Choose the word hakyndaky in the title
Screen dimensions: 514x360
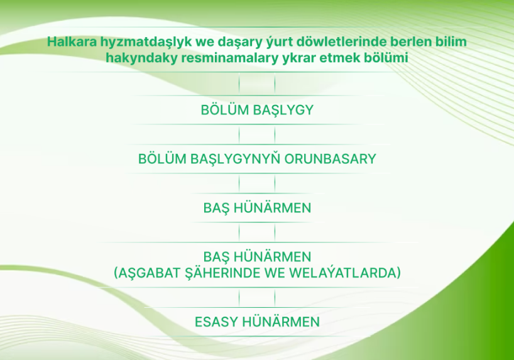[141, 58]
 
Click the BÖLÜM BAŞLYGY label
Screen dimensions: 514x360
[257, 110]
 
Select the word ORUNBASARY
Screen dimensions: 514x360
[330, 159]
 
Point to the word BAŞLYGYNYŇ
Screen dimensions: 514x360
[236, 159]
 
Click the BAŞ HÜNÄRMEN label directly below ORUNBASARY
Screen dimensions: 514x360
[257, 208]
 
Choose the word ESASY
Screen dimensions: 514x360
[217, 322]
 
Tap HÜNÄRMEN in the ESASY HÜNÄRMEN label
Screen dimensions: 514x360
[281, 321]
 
